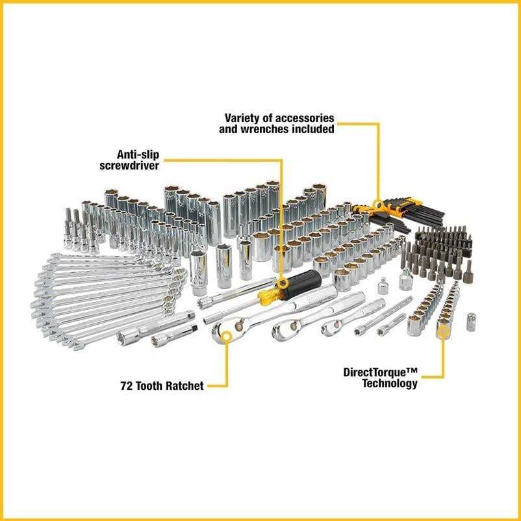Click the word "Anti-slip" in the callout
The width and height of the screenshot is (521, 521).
pyautogui.click(x=138, y=155)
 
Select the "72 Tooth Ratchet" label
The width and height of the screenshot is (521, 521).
pyautogui.click(x=161, y=386)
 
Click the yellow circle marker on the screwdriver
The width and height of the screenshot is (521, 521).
pyautogui.click(x=282, y=283)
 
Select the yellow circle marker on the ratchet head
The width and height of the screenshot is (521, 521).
pyautogui.click(x=226, y=335)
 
